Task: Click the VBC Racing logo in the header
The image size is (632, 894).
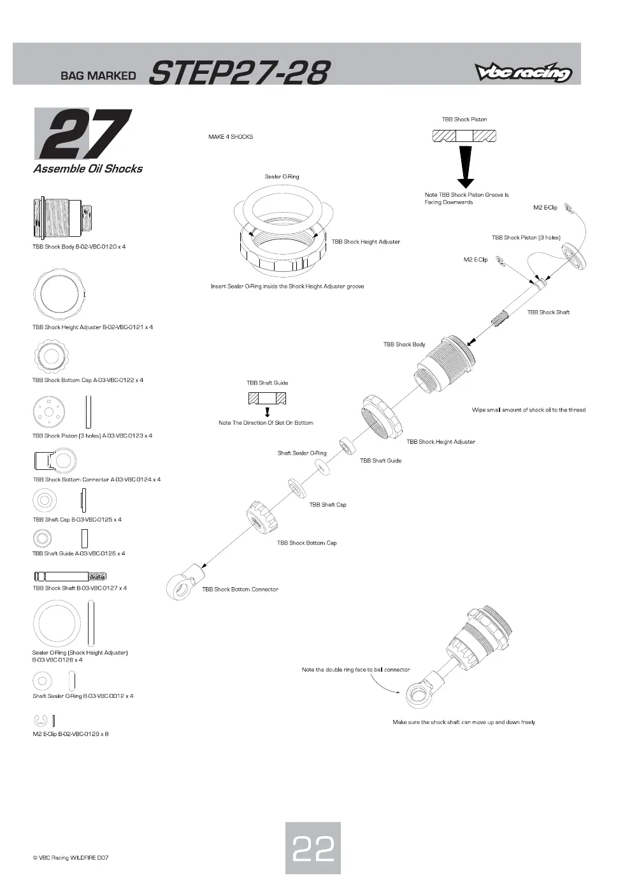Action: [x=524, y=72]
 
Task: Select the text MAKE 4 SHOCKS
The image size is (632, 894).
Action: [x=231, y=137]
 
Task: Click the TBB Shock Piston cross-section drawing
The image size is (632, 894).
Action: [x=464, y=136]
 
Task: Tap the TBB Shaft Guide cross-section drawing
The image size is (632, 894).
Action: [x=267, y=398]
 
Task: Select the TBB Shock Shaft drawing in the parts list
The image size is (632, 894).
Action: [x=70, y=576]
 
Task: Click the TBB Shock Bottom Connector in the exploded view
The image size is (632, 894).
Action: [x=185, y=581]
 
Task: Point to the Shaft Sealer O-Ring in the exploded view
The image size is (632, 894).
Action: [x=322, y=467]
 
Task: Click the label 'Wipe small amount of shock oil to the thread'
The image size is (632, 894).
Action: [x=529, y=410]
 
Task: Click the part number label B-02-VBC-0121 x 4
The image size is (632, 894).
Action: [x=128, y=327]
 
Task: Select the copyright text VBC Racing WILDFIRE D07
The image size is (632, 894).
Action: [x=71, y=858]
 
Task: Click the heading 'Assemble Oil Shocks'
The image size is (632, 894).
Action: [x=88, y=169]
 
